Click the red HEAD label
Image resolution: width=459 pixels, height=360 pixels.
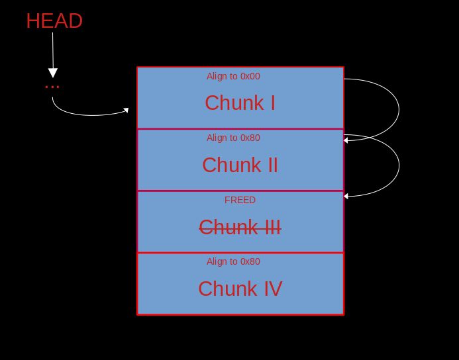point(54,21)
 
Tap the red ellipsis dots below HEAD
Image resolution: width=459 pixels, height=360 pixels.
point(52,87)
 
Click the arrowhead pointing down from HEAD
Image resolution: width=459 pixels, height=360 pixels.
point(53,73)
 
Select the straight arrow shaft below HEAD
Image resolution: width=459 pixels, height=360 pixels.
point(53,50)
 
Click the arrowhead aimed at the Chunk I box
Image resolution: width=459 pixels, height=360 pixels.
point(126,111)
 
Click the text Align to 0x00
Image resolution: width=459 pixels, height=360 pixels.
point(233,76)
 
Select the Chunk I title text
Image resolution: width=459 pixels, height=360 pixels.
point(240,103)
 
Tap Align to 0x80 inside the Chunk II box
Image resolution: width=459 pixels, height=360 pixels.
point(233,138)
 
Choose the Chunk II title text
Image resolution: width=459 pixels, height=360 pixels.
point(240,165)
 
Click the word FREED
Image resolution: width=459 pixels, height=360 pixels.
point(240,200)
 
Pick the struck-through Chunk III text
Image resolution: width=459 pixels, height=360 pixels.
point(240,227)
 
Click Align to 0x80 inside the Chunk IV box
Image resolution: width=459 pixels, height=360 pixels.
point(233,261)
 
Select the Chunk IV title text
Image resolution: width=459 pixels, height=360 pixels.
point(240,289)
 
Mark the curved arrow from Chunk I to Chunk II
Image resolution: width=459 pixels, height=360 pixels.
point(399,110)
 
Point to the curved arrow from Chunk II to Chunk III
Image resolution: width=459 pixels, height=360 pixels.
point(399,165)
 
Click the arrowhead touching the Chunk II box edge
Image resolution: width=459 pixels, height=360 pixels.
point(346,141)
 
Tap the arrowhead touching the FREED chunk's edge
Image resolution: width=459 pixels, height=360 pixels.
point(346,197)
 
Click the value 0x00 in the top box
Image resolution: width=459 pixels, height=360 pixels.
point(250,76)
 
